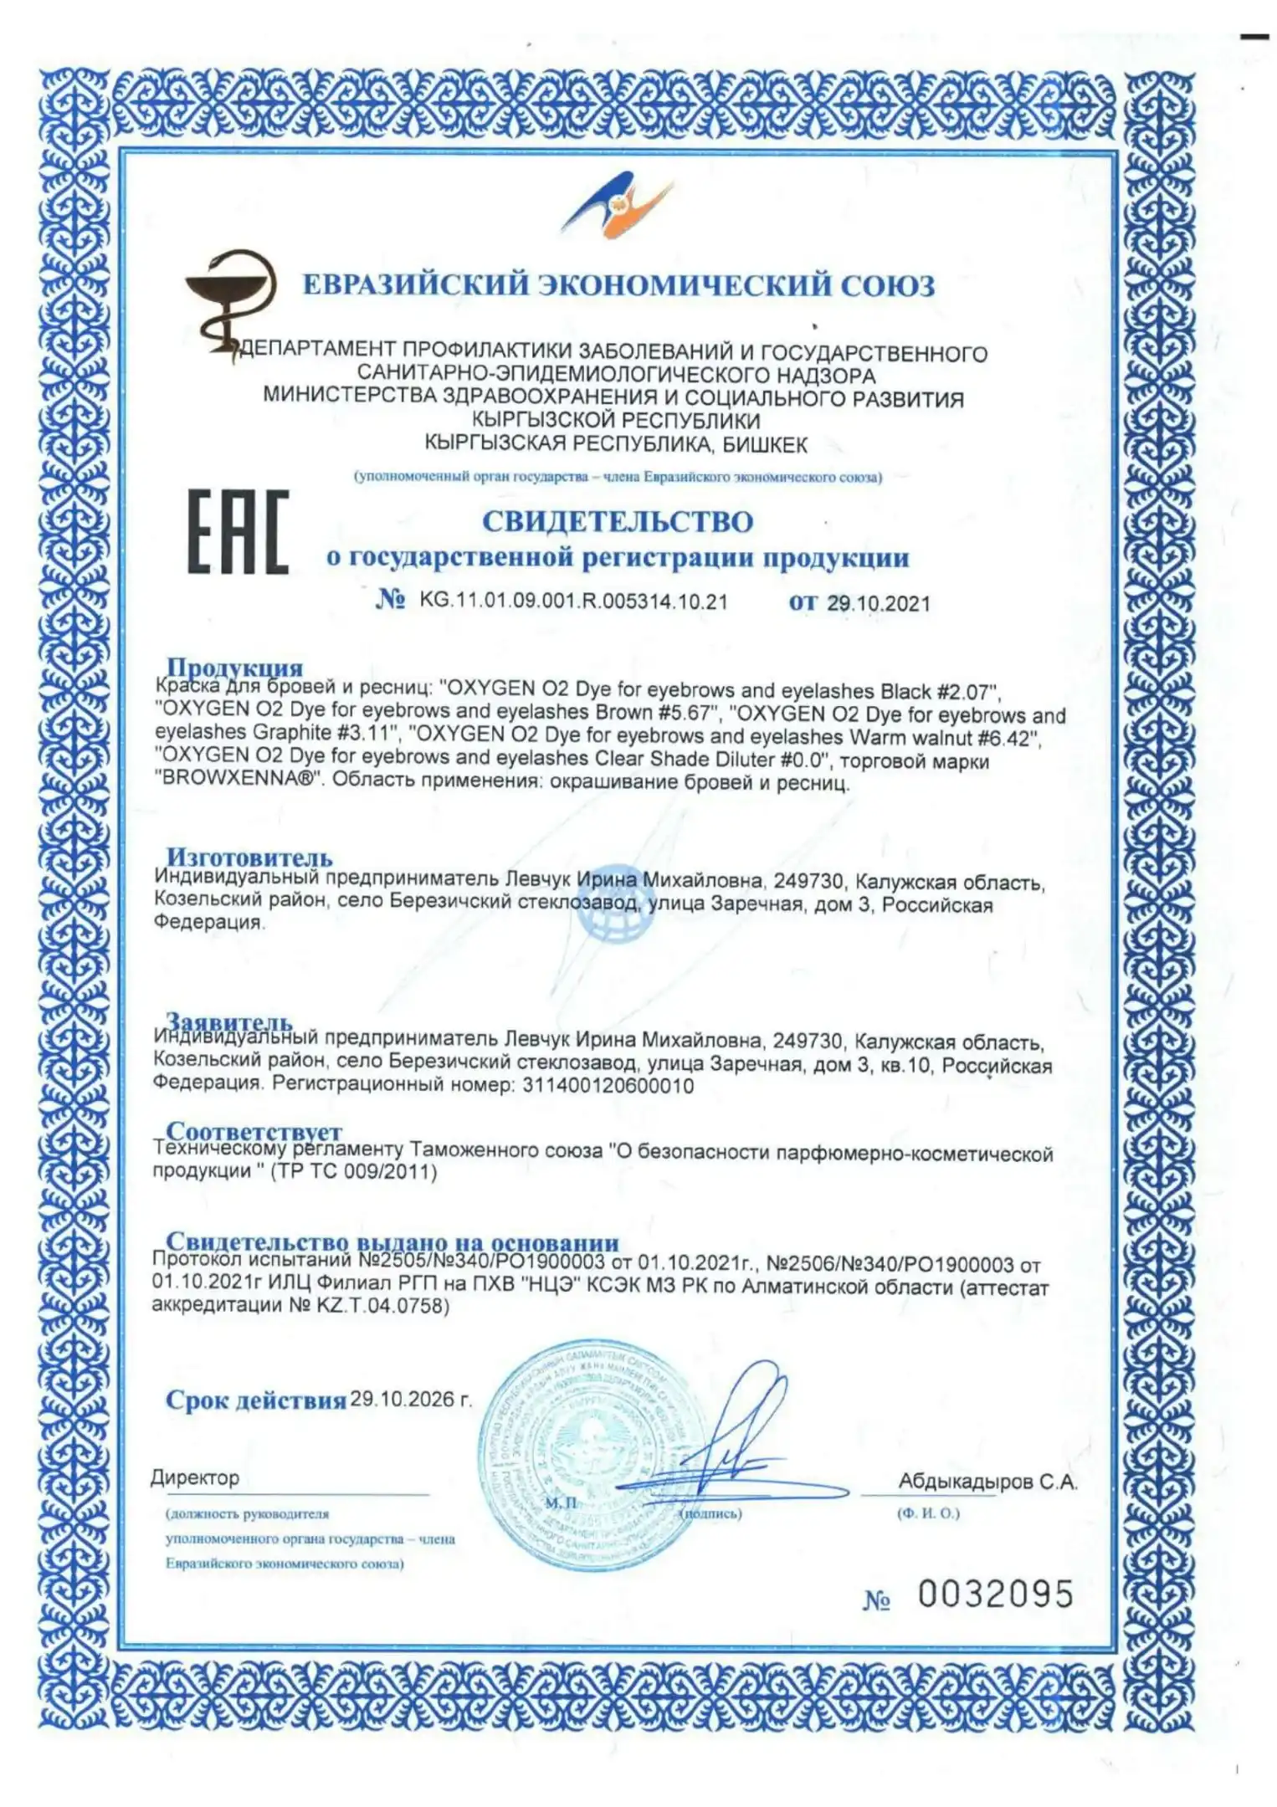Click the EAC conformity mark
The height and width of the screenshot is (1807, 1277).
[238, 532]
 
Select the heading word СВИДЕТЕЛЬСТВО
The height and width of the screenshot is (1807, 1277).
[618, 521]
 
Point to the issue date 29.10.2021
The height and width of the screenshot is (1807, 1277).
[879, 603]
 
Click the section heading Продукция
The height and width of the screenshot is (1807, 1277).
[234, 667]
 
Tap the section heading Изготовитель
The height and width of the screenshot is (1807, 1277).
[249, 857]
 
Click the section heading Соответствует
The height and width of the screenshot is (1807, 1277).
[254, 1131]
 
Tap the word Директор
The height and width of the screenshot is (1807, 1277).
[195, 1477]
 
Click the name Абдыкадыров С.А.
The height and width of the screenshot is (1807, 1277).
[987, 1482]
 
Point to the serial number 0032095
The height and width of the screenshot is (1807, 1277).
[995, 1594]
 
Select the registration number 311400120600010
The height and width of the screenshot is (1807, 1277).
[608, 1086]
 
